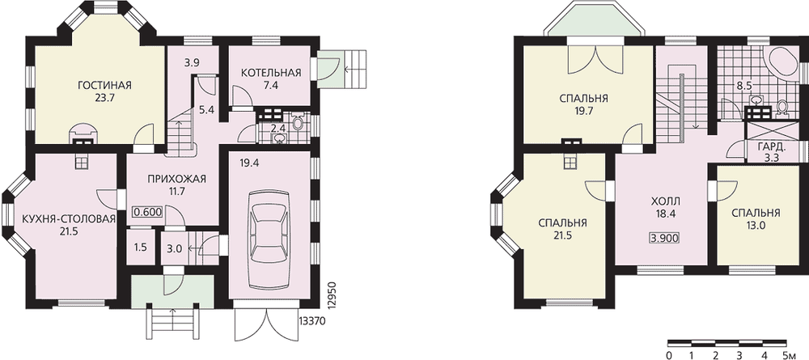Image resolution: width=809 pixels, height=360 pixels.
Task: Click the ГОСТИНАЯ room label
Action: coord(104,85)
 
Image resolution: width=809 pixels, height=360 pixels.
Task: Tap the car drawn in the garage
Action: coord(269,239)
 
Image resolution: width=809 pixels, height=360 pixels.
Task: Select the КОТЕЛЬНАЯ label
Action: coord(271,73)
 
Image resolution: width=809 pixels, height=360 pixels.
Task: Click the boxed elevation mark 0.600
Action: coord(148,211)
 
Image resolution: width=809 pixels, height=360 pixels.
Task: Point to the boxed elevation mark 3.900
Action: coord(663,239)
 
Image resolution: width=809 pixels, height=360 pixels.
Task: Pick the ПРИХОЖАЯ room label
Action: coord(176,180)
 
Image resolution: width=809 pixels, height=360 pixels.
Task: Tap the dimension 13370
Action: coord(311,322)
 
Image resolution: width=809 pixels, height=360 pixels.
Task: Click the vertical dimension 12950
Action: coord(332,295)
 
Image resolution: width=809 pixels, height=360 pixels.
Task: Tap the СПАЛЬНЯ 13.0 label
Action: coord(756,218)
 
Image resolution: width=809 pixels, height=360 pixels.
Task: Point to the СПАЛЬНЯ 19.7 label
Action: coord(583,104)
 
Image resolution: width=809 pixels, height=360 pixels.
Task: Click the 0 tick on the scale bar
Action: coord(669,355)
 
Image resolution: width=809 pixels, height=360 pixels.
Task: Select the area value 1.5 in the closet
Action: coord(140,247)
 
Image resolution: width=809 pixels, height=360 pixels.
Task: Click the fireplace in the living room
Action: coord(83,133)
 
